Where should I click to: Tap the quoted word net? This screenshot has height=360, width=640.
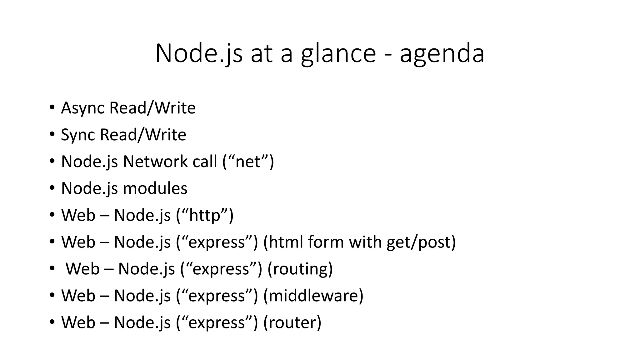click(248, 162)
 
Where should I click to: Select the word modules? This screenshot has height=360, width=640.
click(155, 188)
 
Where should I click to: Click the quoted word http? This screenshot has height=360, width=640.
click(205, 215)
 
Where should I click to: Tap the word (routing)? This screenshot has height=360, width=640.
click(300, 269)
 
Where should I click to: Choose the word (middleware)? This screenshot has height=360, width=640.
click(313, 296)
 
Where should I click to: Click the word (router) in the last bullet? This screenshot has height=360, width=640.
click(292, 322)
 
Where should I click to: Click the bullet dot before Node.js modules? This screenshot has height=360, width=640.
click(52, 188)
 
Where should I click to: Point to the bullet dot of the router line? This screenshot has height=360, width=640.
click(52, 322)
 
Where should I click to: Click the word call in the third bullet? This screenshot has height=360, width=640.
click(204, 162)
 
